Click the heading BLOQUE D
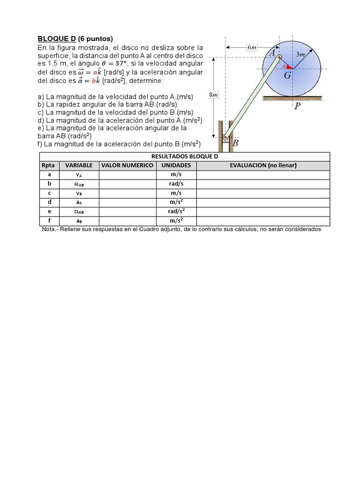click(57, 38)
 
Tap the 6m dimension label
click(251, 47)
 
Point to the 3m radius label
click(300, 55)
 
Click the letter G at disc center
click(287, 76)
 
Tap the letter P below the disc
click(297, 106)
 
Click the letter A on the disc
click(272, 52)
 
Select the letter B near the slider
click(236, 143)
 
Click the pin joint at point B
click(225, 137)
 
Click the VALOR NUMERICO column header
click(127, 165)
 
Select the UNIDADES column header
click(176, 165)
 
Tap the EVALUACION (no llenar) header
click(263, 165)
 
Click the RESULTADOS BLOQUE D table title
click(185, 157)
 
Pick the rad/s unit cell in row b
click(176, 184)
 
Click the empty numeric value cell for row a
click(127, 174)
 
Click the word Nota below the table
click(48, 230)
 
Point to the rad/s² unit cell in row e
click(176, 211)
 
